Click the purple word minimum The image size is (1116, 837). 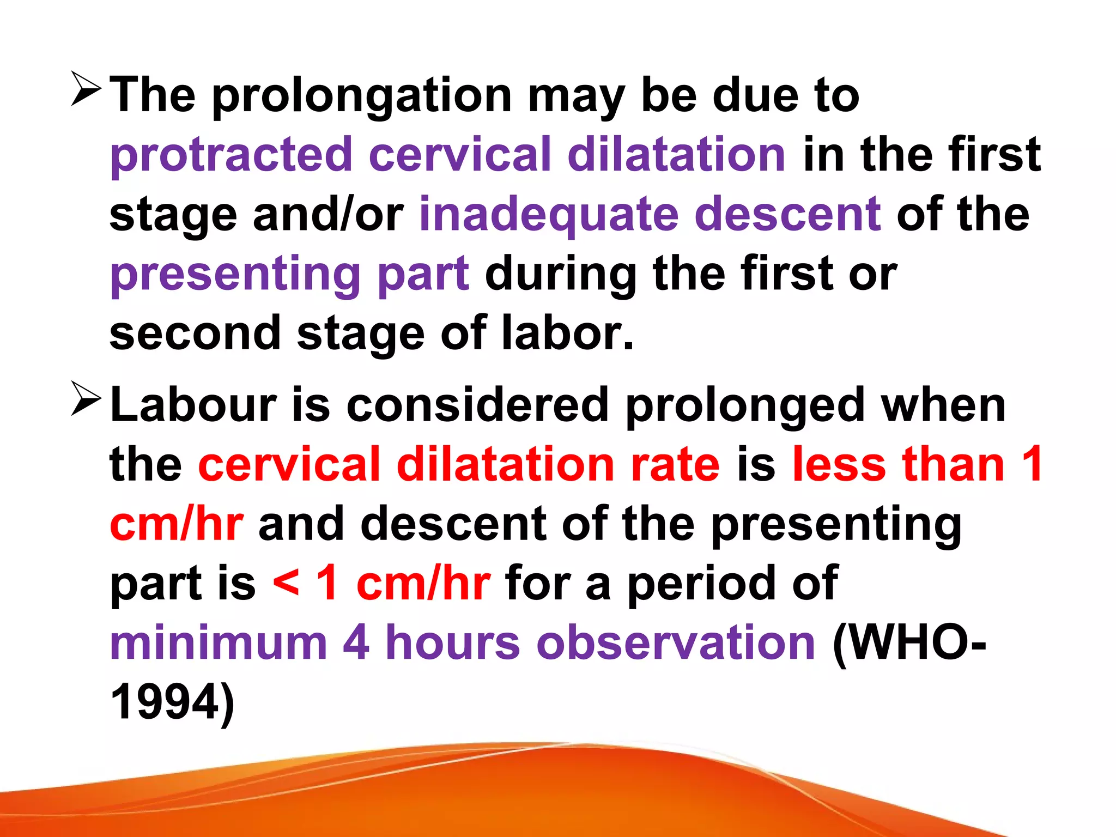[x=219, y=642]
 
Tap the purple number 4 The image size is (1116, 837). [x=356, y=642]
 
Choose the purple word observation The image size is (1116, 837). [x=676, y=642]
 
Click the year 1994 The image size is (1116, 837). [x=166, y=702]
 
